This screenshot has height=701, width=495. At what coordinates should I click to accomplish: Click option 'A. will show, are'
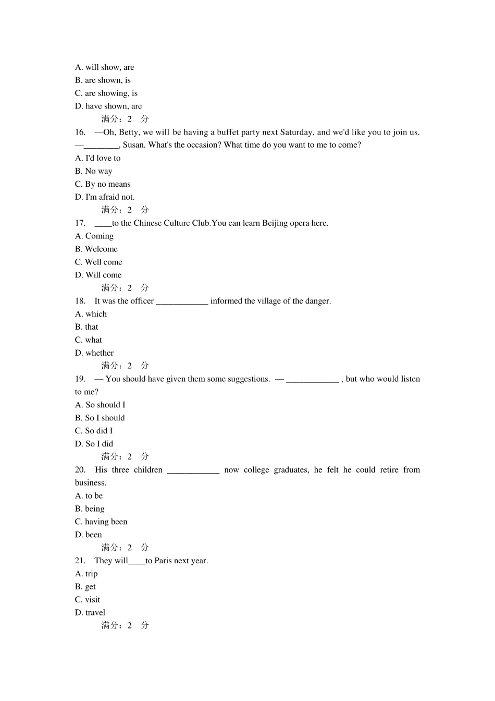point(104,67)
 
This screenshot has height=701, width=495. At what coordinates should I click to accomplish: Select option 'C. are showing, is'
point(106,93)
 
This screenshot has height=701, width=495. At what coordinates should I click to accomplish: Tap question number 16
point(80,132)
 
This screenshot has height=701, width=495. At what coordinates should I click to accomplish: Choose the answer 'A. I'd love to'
point(97,158)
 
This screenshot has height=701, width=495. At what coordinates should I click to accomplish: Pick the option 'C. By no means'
point(103,184)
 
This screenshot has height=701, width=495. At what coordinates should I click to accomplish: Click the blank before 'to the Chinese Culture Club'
point(103,223)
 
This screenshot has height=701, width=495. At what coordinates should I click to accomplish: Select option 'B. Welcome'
point(96,249)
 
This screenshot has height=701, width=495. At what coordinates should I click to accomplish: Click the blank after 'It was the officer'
point(182,301)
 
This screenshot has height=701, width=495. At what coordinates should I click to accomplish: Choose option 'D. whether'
point(94,353)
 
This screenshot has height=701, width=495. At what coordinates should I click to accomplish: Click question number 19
point(80,379)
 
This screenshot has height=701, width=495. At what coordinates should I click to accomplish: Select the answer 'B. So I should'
point(100,418)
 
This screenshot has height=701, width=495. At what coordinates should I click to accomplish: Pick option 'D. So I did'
point(94,444)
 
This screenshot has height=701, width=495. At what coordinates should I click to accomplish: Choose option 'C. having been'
point(101,522)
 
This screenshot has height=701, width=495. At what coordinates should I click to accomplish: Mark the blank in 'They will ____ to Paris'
point(137,561)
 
